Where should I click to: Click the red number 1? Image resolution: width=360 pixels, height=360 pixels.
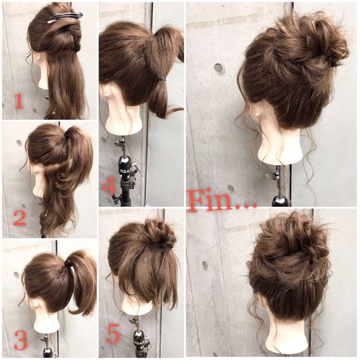click(x=19, y=101)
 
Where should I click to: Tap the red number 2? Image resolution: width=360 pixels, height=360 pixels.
click(x=20, y=218)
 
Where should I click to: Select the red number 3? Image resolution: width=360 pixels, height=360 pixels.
click(x=20, y=340)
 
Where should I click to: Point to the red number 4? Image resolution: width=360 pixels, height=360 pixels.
click(x=108, y=188)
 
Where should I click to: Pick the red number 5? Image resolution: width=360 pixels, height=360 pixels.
click(x=114, y=334)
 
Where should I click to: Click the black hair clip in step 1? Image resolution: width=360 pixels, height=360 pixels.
click(x=65, y=18)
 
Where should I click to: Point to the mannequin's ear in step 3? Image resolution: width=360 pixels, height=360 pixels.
click(x=36, y=305)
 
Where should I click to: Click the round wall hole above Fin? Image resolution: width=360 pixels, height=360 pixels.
click(x=219, y=68)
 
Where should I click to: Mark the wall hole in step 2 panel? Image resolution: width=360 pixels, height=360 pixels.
click(x=19, y=142)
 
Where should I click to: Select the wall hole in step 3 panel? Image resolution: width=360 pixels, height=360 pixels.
click(x=16, y=274)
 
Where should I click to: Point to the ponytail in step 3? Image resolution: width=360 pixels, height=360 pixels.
click(x=82, y=281)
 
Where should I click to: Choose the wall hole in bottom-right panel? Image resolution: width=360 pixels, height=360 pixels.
click(x=205, y=266)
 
